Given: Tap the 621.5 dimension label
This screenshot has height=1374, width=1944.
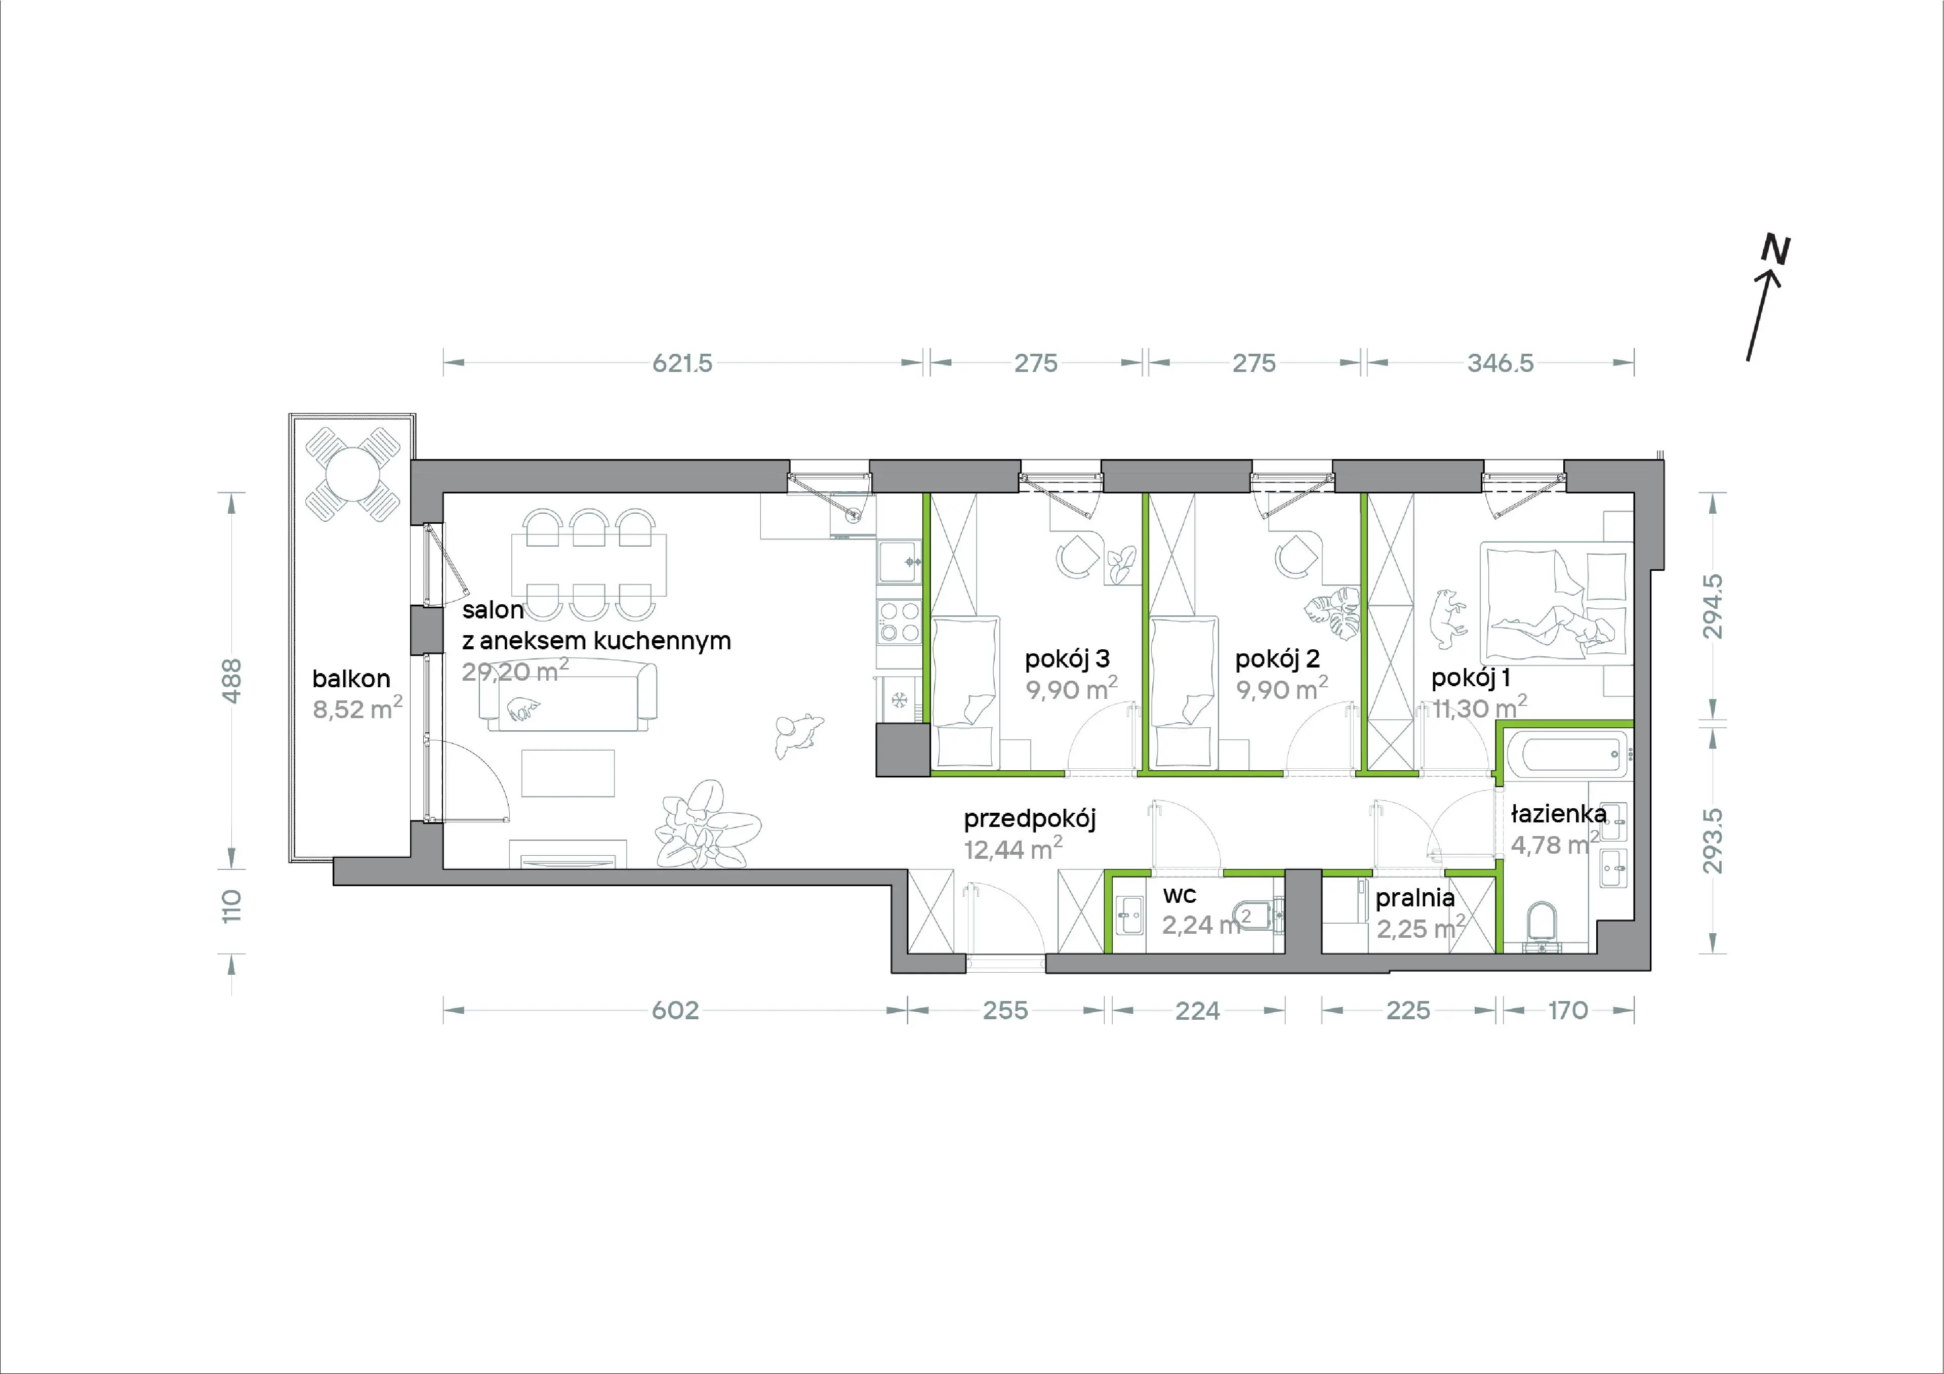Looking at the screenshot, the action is pyautogui.click(x=682, y=363).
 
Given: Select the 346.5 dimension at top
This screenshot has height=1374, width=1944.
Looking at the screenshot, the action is pyautogui.click(x=1501, y=363).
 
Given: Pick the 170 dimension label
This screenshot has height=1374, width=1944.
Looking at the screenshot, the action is pyautogui.click(x=1568, y=1010).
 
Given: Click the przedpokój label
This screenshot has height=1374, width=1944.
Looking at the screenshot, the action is pyautogui.click(x=1030, y=819).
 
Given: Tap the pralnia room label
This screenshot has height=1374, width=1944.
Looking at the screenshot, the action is pyautogui.click(x=1415, y=897).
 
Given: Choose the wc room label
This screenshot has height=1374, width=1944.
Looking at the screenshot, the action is pyautogui.click(x=1180, y=895).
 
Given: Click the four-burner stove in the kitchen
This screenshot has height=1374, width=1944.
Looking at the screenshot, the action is pyautogui.click(x=898, y=620).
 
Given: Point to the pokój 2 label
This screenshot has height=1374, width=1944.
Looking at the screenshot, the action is pyautogui.click(x=1277, y=658).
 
